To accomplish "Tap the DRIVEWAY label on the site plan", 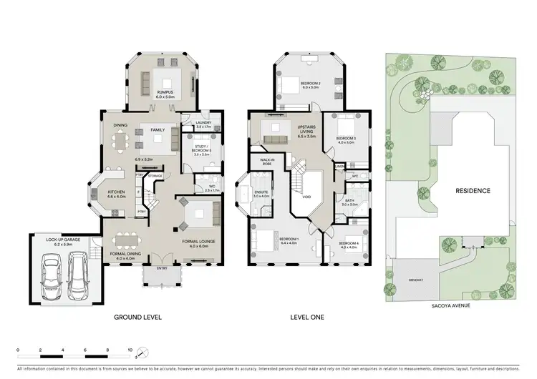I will pyautogui.click(x=416, y=280).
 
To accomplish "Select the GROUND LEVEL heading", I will pyautogui.click(x=137, y=316).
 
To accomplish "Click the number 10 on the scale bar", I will pyautogui.click(x=130, y=350).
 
